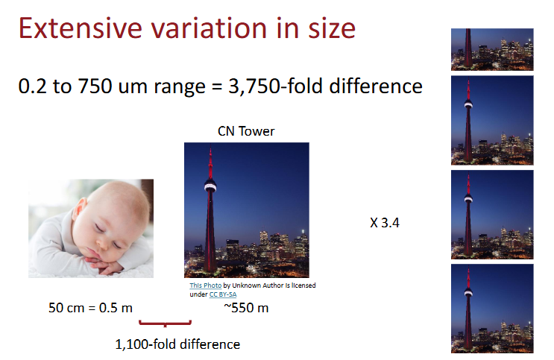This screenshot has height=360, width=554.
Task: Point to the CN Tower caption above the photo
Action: [x=246, y=132]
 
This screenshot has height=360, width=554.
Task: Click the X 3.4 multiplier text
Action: [x=385, y=223]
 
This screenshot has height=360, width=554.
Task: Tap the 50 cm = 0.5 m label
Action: [x=84, y=307]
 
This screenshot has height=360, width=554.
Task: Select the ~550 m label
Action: [x=246, y=307]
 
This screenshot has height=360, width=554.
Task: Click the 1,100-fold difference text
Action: [x=177, y=344]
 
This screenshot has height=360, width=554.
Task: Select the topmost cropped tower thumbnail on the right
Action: [x=492, y=49]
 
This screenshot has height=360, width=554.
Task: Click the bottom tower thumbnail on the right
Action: [x=492, y=308]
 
